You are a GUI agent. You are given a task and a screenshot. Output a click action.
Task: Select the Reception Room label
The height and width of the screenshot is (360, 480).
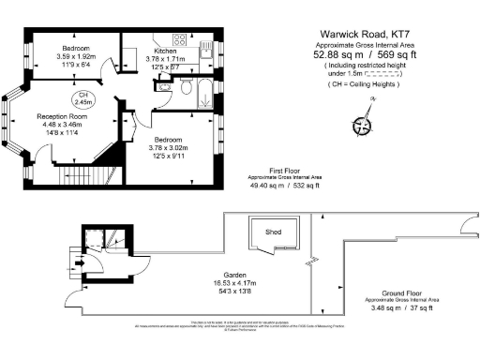tap(62, 115)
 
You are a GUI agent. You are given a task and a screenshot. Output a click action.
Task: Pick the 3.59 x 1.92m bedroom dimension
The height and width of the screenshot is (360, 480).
tap(76, 58)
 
